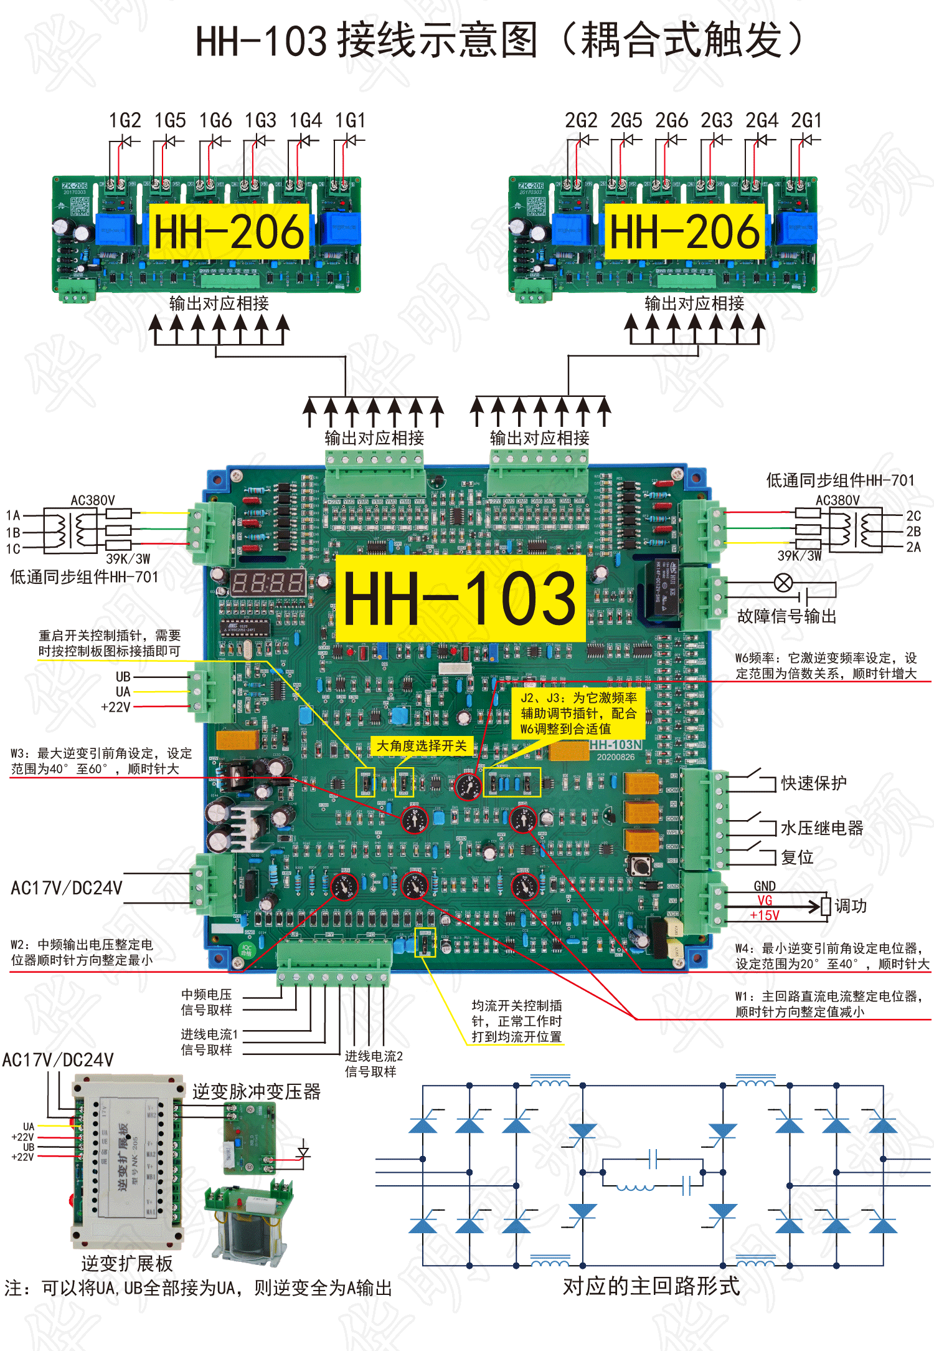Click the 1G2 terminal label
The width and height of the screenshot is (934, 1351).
point(125,120)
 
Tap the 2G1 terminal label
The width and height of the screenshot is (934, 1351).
point(806,120)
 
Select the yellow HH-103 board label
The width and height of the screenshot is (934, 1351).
point(460,599)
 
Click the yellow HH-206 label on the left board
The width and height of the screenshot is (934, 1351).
point(229,232)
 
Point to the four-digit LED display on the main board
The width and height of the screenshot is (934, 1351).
point(268,583)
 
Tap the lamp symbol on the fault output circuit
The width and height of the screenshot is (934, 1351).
point(783,583)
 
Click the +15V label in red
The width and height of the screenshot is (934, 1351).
point(765,915)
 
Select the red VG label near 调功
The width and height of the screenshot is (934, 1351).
point(765,900)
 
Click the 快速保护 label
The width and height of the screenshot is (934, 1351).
point(814,783)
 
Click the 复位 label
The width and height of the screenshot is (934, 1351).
point(798,857)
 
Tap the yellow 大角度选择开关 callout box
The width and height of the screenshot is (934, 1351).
point(422,746)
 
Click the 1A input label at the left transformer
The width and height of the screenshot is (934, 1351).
point(13,515)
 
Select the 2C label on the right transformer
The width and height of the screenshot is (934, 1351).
point(913,516)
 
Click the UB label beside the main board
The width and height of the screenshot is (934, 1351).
point(123,677)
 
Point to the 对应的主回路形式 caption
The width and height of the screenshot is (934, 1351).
point(651,1286)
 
